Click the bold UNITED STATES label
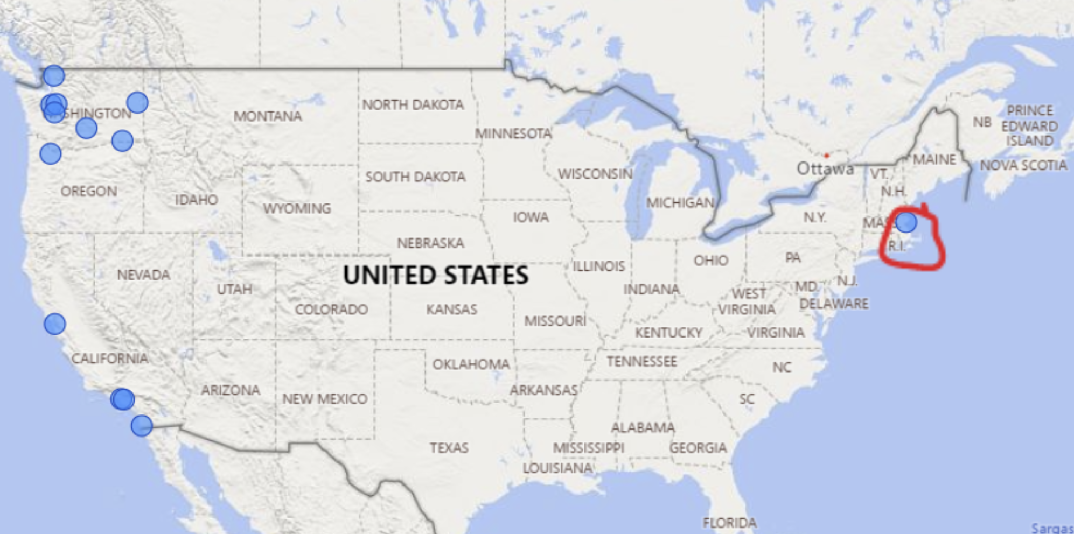(436, 275)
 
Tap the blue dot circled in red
(906, 221)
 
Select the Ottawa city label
(825, 169)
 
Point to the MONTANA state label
(268, 116)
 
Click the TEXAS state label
(449, 448)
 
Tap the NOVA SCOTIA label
(1023, 165)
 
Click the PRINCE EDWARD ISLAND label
(1029, 125)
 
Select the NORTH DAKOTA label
(413, 104)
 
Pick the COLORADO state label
(331, 310)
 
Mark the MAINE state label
(934, 159)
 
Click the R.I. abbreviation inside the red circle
(897, 246)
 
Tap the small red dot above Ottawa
(826, 156)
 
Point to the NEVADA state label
(143, 275)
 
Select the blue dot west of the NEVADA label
(54, 324)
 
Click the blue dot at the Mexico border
(142, 426)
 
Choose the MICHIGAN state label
(680, 203)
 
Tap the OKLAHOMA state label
(471, 364)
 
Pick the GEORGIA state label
(698, 448)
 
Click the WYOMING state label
(297, 208)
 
